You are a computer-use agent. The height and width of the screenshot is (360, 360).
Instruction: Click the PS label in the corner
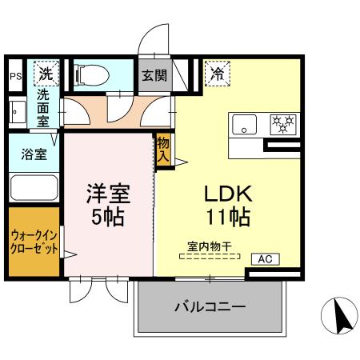tap(15, 77)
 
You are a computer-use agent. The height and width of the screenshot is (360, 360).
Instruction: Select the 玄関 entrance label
tap(154, 77)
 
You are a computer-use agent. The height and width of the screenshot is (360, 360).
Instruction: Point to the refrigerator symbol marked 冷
tap(217, 74)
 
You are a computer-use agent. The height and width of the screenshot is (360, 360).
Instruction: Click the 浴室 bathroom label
tap(33, 155)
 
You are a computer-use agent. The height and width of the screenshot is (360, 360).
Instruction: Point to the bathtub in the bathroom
tap(33, 190)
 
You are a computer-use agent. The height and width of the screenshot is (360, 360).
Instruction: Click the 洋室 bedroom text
tap(107, 194)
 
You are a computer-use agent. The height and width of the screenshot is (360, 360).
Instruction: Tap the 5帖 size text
tap(107, 217)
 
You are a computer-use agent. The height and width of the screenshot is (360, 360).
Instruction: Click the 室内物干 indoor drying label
tap(209, 247)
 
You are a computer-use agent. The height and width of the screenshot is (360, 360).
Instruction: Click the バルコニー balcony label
tap(210, 307)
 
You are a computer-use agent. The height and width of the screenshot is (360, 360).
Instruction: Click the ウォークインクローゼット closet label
tap(34, 242)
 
